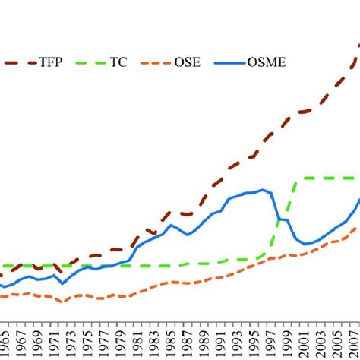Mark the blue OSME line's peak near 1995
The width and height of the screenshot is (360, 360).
pos(263,190)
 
